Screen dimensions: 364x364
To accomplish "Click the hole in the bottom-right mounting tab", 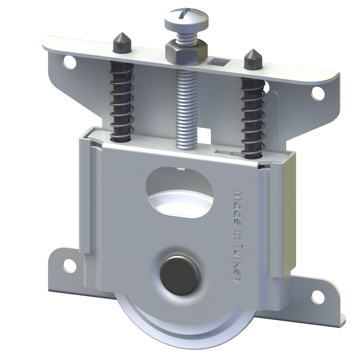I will click(x=318, y=295).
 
